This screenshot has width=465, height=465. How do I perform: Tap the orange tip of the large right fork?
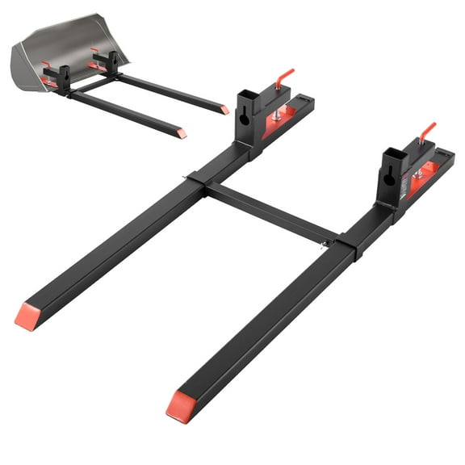coord(179,405)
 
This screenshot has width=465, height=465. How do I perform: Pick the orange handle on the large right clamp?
coord(426,132)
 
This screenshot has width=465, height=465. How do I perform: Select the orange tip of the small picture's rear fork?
coord(225,110)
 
